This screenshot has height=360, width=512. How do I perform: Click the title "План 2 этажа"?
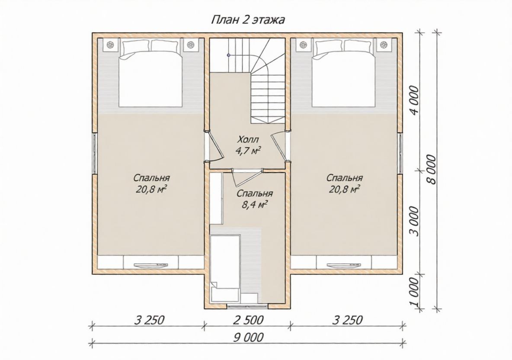(248, 20)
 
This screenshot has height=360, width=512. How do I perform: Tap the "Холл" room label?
(248, 140)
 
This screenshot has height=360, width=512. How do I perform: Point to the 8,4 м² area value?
(252, 205)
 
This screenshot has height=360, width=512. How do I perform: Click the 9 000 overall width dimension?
(248, 337)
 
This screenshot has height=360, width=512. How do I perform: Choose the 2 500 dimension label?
(248, 320)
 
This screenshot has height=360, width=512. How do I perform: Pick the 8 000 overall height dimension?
(431, 170)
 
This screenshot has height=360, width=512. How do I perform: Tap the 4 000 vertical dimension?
(414, 100)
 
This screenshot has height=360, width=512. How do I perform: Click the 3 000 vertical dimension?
(414, 221)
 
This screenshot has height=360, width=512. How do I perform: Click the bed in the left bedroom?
(150, 73)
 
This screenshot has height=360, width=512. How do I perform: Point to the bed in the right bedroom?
(343, 73)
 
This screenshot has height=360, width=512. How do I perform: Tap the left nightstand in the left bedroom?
(110, 45)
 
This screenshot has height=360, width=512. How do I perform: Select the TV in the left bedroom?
(150, 265)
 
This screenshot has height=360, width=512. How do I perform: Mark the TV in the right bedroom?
(344, 265)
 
